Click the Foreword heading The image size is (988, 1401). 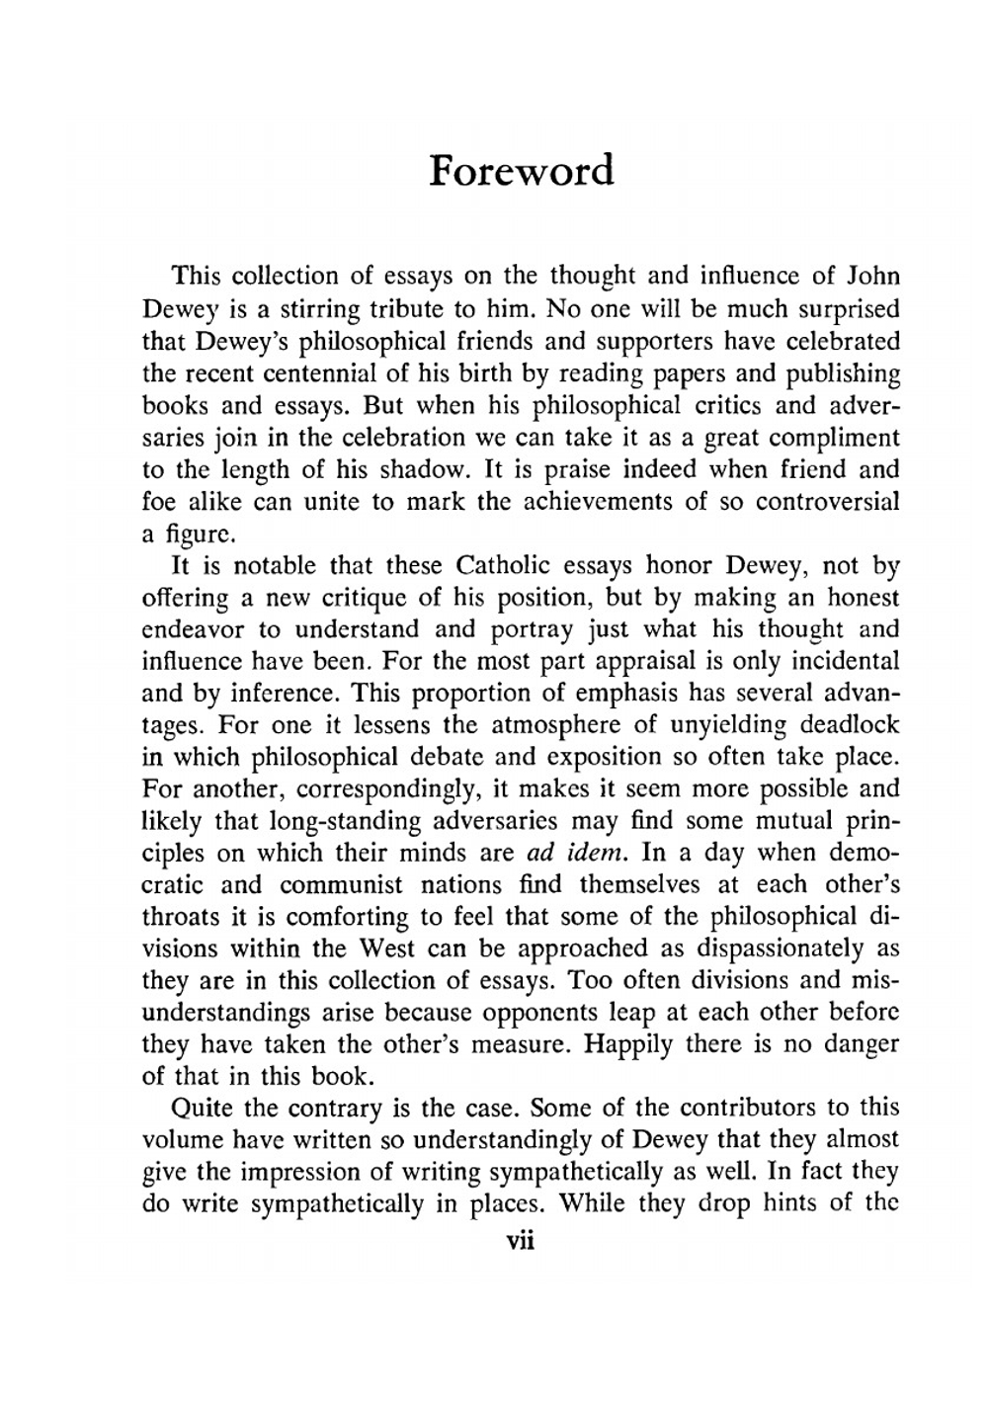[522, 171]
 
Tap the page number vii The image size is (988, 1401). [520, 1241]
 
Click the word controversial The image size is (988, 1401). [828, 501]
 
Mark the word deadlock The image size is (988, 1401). [849, 725]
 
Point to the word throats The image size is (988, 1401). [182, 917]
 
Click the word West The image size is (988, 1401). [386, 948]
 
